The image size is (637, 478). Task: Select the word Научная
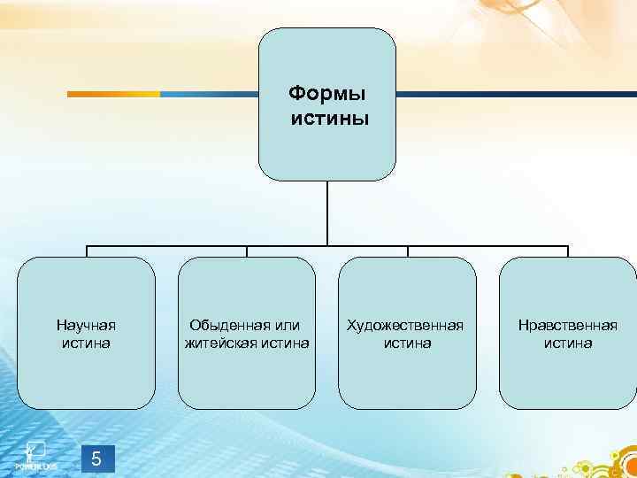coord(86,325)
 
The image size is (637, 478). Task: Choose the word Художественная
coord(406,325)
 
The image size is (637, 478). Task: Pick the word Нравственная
coord(568,325)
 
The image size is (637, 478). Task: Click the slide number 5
coord(96,459)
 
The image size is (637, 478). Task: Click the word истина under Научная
coord(86,343)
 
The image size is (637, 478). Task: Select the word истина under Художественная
coord(407,343)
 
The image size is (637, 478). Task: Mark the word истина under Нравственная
coord(568,343)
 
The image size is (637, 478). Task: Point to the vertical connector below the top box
coord(327,212)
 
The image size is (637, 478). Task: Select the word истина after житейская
coord(285,343)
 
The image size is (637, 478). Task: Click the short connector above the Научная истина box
coord(86,251)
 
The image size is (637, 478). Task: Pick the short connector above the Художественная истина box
coord(407,251)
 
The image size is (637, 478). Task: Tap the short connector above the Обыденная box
coord(247,251)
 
